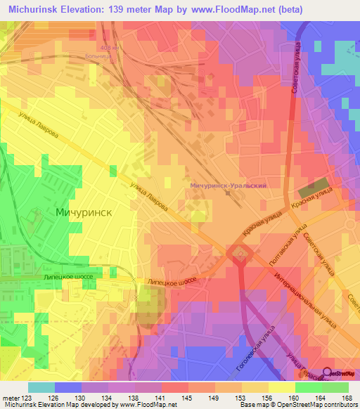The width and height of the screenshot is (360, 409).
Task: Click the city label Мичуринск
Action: [x=85, y=211]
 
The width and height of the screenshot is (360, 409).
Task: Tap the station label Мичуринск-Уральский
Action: [x=227, y=185]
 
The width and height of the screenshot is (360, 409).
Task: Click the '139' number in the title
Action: [x=124, y=9]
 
